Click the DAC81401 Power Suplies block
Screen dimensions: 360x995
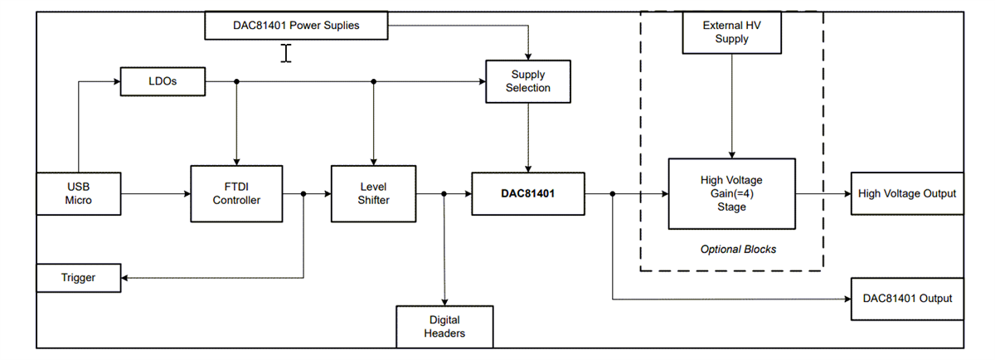pos(296,26)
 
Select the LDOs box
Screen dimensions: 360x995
pos(163,81)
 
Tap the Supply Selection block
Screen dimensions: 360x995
pos(528,81)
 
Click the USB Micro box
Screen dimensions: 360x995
pos(79,194)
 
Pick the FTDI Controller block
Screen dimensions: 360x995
pos(236,193)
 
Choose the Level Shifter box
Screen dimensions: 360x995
pos(373,193)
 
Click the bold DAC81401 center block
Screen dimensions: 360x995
pos(527,193)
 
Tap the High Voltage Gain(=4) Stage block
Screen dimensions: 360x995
pos(731,193)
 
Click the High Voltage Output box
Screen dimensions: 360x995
pos(907,193)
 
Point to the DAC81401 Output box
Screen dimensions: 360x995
pos(907,299)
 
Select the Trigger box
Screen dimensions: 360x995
pos(79,278)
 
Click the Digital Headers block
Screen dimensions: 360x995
pos(444,326)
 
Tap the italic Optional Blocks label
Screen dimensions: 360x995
pos(738,249)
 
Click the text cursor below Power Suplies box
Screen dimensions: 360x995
pos(286,54)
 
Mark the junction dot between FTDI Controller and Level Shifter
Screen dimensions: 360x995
pos(303,194)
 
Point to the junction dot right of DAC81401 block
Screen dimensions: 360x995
pos(612,194)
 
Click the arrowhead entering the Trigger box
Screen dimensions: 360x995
pos(126,278)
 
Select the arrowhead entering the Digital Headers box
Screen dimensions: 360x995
pos(444,301)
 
